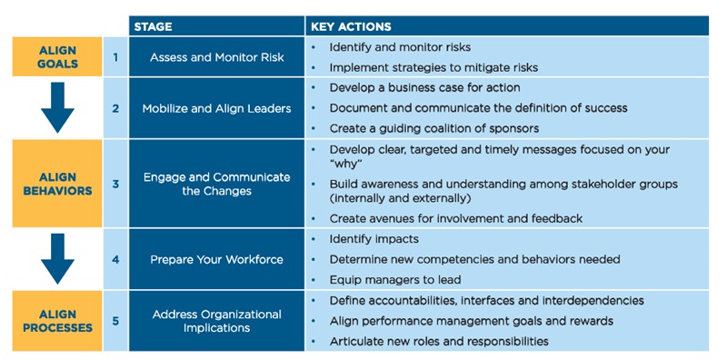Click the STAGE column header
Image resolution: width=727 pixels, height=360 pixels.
pos(154,26)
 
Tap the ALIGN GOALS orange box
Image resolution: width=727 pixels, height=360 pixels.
pos(56,56)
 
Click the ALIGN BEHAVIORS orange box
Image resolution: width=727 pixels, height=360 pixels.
pos(56,183)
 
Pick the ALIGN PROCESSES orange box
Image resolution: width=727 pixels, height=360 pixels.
pos(56,320)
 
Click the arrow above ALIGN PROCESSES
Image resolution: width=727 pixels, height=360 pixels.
pos(56,260)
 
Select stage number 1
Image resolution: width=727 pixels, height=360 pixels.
pos(115,57)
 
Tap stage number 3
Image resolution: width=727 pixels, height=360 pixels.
pos(115,183)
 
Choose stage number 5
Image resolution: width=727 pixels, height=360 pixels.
pos(115,321)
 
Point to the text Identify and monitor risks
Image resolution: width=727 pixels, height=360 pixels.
pos(400,46)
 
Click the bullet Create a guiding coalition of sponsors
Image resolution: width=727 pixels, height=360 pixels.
pos(433,128)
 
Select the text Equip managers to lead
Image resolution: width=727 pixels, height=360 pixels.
pos(395,279)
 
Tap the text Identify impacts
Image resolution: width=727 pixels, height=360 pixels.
pos(374,239)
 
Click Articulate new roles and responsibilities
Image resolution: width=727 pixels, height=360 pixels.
pos(439,341)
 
